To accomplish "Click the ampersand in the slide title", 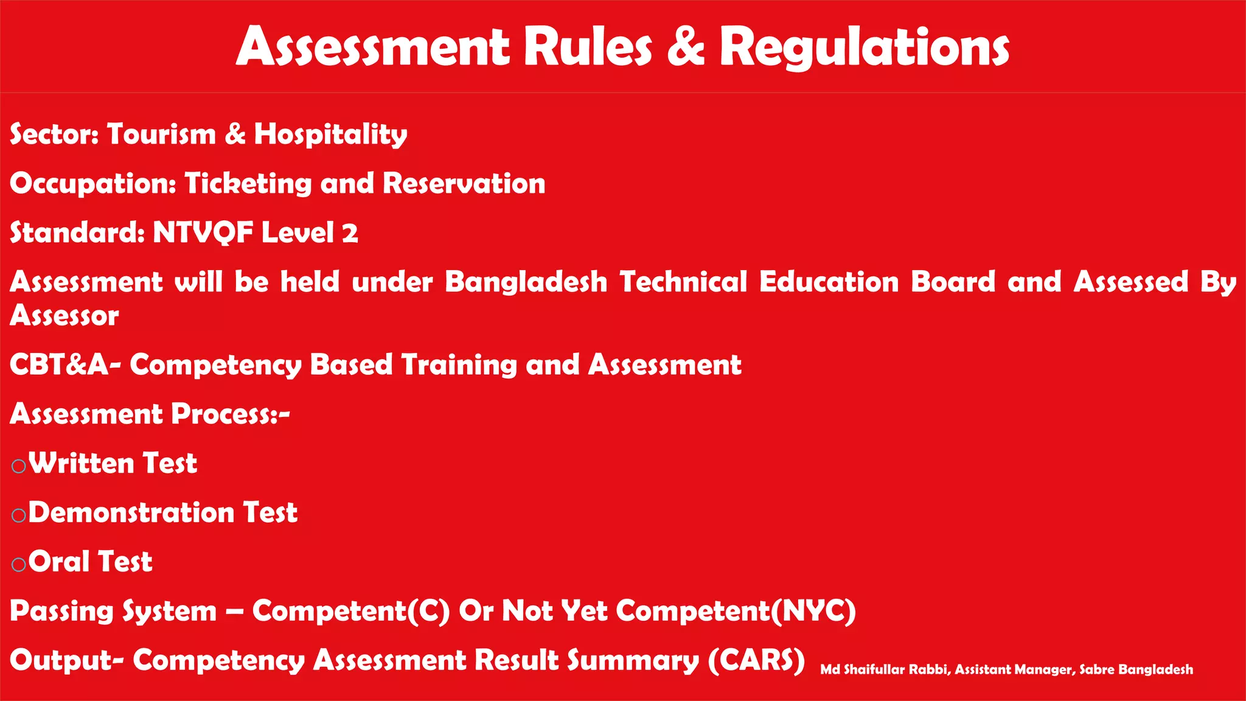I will pyautogui.click(x=686, y=47).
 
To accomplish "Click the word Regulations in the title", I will pyautogui.click(x=865, y=47).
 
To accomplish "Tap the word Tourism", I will pyautogui.click(x=161, y=134).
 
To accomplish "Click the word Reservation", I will pyautogui.click(x=464, y=184).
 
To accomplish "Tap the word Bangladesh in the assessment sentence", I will pyautogui.click(x=526, y=282).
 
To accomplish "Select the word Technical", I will pyautogui.click(x=683, y=282).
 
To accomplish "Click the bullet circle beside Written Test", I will pyautogui.click(x=19, y=466).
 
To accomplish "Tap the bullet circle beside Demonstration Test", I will pyautogui.click(x=19, y=515).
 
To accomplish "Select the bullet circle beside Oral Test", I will pyautogui.click(x=19, y=565).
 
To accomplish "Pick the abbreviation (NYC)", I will pyautogui.click(x=813, y=611).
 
